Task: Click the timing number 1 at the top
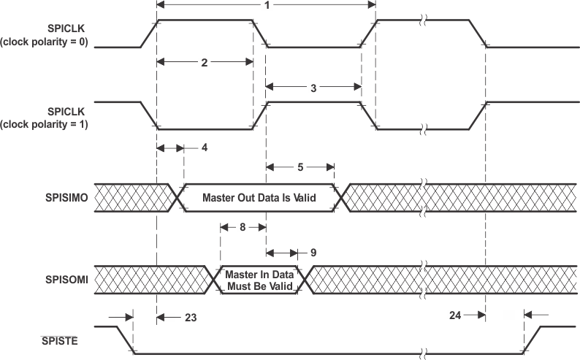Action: pos(267,5)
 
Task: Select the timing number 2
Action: pos(205,63)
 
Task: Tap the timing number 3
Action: pos(313,88)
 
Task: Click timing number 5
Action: pos(300,166)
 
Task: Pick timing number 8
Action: pos(242,227)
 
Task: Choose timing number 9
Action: pos(313,253)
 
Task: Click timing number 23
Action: pos(190,318)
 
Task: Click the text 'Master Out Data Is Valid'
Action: pos(259,197)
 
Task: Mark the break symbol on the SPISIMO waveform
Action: pos(421,197)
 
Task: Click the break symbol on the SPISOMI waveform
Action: pos(421,279)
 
